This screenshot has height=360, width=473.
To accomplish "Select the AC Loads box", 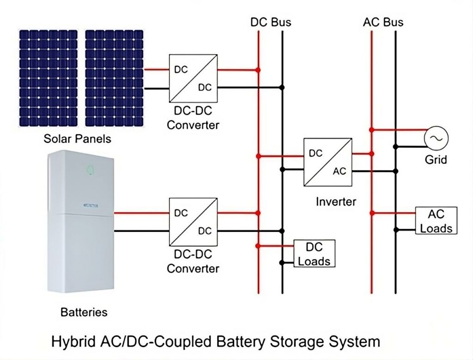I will click(x=436, y=220).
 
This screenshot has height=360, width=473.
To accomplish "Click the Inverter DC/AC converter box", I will click(x=327, y=162).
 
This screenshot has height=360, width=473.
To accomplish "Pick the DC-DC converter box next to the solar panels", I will click(x=193, y=79).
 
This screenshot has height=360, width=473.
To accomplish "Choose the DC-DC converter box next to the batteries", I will click(x=193, y=221).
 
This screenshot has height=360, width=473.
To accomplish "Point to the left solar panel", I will click(x=49, y=78).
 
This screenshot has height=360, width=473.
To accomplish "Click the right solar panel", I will click(x=114, y=78).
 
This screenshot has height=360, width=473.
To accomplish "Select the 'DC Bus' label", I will click(x=271, y=22).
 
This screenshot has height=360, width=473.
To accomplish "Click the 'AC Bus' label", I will click(x=383, y=22).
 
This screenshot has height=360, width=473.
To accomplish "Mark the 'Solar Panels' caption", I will click(x=78, y=139).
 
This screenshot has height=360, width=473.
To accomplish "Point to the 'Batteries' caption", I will click(x=84, y=312).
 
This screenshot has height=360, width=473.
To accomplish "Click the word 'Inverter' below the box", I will click(x=336, y=201).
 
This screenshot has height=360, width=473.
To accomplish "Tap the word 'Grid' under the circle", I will click(x=436, y=160).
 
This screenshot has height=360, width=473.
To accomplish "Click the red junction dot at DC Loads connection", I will click(x=259, y=245).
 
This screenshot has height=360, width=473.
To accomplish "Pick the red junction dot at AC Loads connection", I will click(x=372, y=213).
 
